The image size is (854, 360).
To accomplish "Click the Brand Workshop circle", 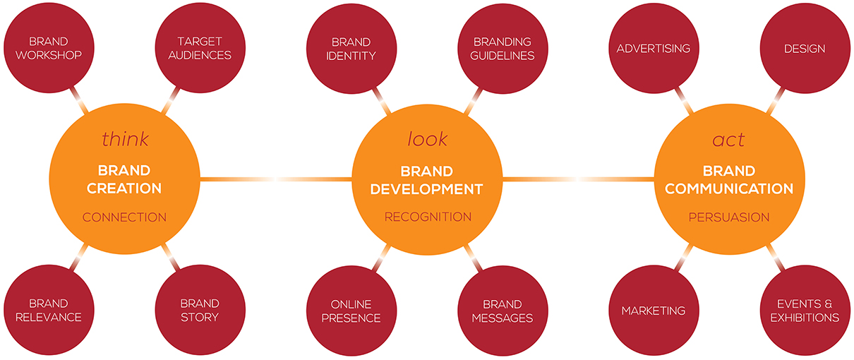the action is point(49,48).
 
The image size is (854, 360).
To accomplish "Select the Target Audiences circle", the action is point(200,48).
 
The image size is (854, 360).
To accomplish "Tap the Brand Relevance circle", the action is point(49,310).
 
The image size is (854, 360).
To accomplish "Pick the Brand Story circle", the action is point(200,310).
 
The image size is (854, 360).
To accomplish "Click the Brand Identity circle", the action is point(351,49).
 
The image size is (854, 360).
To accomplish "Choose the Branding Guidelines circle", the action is point(503,49).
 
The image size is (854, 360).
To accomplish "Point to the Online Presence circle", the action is point(351,311).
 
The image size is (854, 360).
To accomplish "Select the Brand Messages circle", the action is point(503,311).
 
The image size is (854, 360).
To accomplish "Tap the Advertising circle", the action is point(654,48).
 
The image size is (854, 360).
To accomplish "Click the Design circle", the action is point(805,48).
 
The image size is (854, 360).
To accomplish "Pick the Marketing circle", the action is point(654,311).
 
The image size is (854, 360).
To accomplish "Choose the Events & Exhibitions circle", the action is point(805,311).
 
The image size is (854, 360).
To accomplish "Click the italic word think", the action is point(125,139).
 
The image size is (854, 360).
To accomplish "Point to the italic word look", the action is point(428,139).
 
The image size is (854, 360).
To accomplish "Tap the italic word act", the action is point(728,140).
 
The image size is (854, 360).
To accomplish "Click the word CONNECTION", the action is point(125,217).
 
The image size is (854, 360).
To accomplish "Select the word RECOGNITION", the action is point(428,217).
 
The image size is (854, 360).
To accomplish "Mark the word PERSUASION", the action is point(729,217).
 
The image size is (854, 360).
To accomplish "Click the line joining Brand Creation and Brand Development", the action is point(276,179).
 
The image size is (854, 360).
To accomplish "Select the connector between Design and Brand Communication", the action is point(776,101).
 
